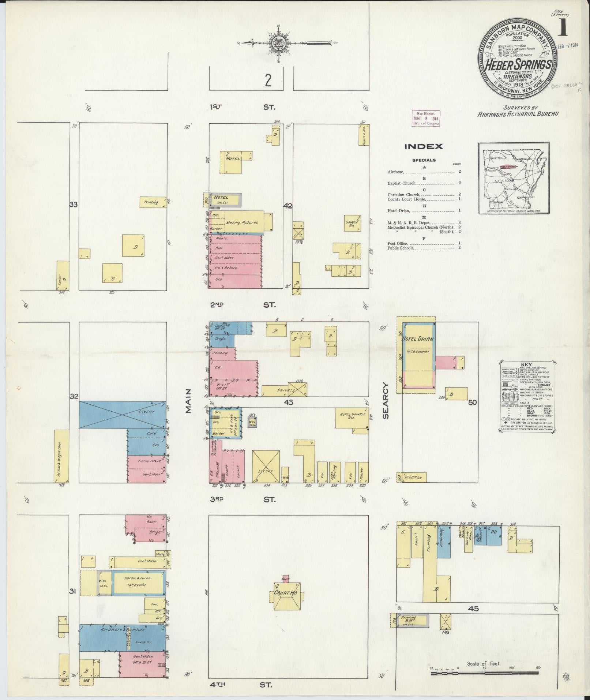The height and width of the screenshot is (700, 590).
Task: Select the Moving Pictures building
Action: [242, 222]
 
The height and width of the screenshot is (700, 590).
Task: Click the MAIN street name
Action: [189, 401]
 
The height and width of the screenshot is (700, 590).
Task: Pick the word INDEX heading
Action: [424, 147]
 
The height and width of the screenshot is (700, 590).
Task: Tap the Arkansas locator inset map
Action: [514, 178]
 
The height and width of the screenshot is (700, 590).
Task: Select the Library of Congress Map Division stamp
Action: [426, 118]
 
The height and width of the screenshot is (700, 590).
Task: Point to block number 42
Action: [288, 206]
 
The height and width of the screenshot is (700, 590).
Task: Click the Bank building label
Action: [151, 521]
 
